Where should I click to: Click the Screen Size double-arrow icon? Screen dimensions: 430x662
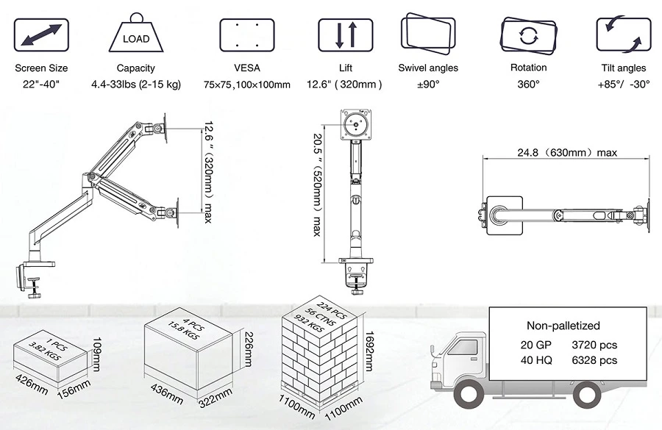[41, 35]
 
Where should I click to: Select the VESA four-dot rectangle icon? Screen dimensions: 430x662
[246, 35]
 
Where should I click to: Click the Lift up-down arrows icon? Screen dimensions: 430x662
[346, 35]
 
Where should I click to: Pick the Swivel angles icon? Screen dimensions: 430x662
[428, 35]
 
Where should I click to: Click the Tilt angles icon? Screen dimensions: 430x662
[623, 35]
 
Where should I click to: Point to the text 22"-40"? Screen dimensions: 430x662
[41, 84]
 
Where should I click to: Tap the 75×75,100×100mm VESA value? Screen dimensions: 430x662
[246, 85]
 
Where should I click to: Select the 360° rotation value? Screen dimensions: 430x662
[528, 84]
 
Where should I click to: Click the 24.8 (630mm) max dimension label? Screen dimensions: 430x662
[566, 153]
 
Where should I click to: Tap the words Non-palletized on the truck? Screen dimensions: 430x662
[563, 326]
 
